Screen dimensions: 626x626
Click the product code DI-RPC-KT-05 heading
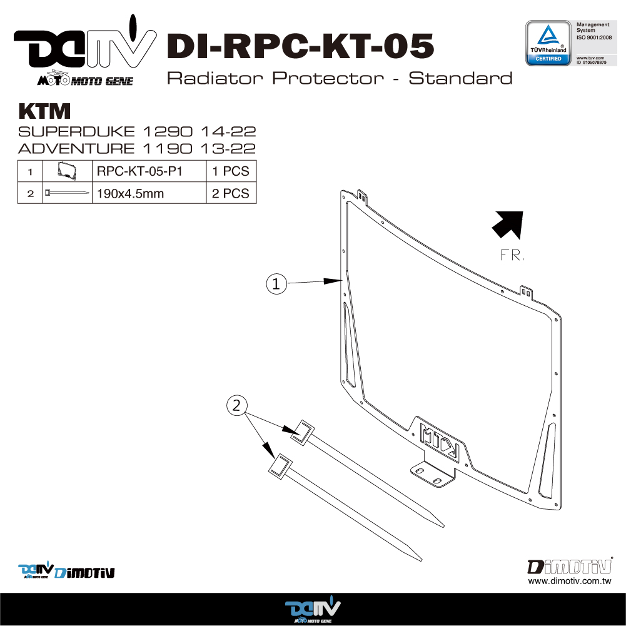coord(300,46)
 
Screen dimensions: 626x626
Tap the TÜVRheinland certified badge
coord(548,43)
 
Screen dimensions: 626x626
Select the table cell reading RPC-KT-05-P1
coord(149,171)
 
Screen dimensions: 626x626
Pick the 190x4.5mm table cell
coord(149,193)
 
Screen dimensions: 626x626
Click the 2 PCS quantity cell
coord(231,193)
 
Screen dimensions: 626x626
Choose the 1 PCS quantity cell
coord(231,171)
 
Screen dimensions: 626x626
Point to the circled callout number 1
coord(276,284)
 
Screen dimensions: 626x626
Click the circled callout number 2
coord(237,406)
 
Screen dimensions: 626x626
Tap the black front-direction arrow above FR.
coord(508,225)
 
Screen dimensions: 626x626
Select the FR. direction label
coord(512,255)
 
